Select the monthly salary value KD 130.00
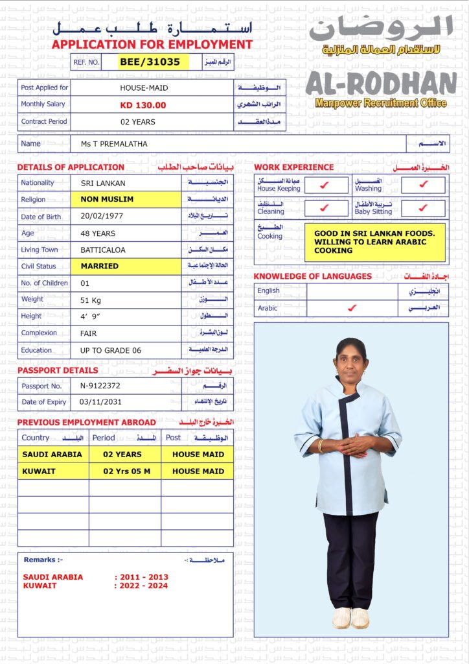click(x=143, y=105)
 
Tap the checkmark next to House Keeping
click(x=325, y=185)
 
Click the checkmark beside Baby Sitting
click(x=423, y=208)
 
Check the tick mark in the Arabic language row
click(x=352, y=308)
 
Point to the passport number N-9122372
click(x=100, y=385)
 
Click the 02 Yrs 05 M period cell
click(x=125, y=471)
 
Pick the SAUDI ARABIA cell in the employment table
click(x=52, y=455)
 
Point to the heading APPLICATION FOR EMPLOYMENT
click(x=152, y=45)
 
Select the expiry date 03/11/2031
click(x=100, y=402)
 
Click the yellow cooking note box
click(x=374, y=242)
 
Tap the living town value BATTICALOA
click(x=103, y=250)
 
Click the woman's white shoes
click(x=350, y=617)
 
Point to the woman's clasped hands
click(x=350, y=445)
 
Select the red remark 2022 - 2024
click(x=141, y=586)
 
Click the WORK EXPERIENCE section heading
click(x=293, y=167)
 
